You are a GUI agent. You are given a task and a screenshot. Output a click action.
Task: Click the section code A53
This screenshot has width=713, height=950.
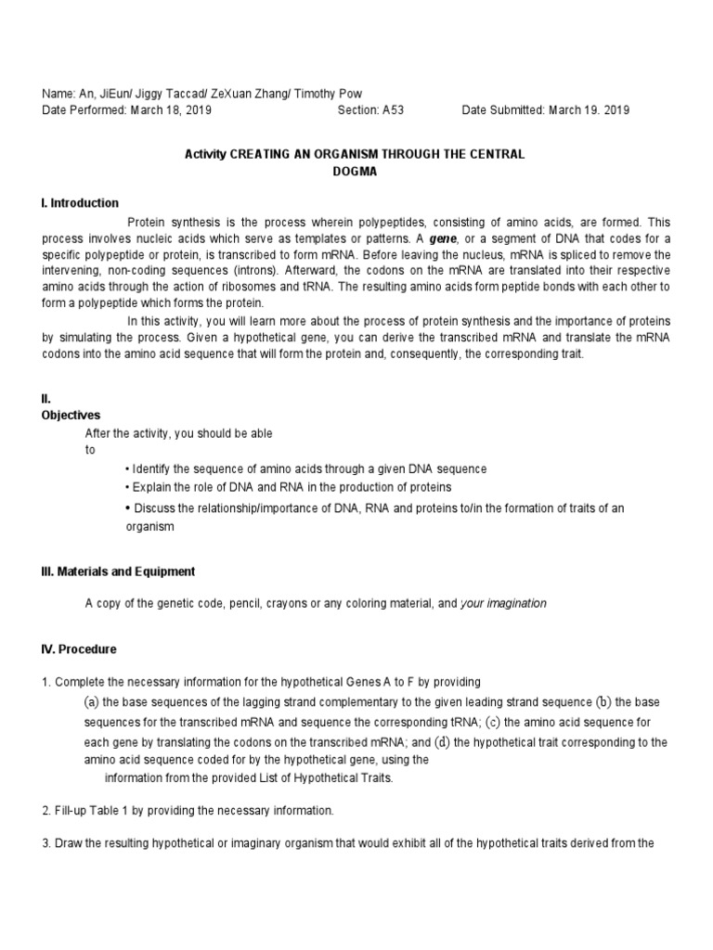pyautogui.click(x=393, y=109)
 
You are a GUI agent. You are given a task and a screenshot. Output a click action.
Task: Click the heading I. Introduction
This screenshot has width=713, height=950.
pyautogui.click(x=80, y=203)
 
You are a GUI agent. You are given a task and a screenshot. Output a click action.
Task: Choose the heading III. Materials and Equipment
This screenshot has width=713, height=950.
pyautogui.click(x=118, y=571)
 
